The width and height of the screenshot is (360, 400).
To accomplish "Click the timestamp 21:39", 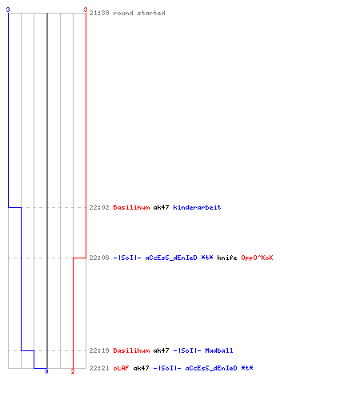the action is (99, 13).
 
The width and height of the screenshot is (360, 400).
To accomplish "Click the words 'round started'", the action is (139, 13).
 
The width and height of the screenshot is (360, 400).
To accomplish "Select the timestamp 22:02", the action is (99, 207).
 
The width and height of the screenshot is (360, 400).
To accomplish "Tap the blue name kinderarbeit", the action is (197, 207).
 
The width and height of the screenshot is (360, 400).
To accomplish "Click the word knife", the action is (227, 258).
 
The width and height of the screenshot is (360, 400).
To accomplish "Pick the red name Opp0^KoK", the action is (257, 258).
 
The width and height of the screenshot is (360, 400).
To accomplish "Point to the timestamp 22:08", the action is (99, 258).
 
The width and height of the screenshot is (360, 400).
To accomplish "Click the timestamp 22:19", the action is (99, 350).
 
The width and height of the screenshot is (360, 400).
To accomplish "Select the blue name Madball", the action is (219, 350).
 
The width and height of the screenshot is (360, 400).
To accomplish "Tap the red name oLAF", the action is (121, 368).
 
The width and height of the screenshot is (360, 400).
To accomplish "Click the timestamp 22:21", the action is (99, 368).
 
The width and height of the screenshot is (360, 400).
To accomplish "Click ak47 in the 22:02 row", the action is (161, 207).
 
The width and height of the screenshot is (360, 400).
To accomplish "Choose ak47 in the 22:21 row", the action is (141, 368).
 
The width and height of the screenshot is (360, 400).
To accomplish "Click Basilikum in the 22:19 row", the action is (131, 350).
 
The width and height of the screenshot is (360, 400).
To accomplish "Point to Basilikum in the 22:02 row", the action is (131, 207).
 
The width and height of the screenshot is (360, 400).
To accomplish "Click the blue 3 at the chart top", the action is (8, 10).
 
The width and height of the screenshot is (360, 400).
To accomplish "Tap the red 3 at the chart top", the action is (86, 10).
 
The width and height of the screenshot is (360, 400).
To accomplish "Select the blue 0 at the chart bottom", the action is (46, 371).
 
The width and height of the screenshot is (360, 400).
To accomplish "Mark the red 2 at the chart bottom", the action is (73, 371).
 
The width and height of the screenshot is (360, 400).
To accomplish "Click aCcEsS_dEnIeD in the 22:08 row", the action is (171, 258).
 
